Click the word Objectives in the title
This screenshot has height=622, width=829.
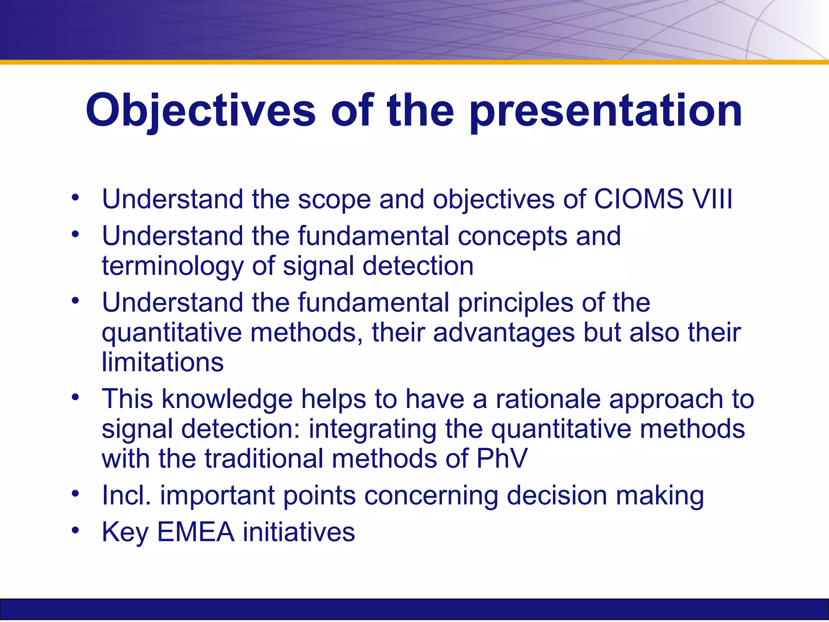pos(200,110)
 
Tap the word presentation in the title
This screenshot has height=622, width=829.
pos(606,110)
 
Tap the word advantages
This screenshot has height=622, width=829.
pos(504,332)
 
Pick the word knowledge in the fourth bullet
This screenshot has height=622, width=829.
pos(227,399)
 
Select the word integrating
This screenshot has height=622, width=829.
pos(372,429)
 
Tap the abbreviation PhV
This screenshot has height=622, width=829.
pos(502,458)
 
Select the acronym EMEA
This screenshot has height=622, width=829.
pos(196,532)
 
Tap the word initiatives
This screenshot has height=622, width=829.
pos(299,532)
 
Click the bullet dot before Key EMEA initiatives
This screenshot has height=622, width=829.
pos(75,530)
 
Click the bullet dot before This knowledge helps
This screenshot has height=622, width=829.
pos(75,397)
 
